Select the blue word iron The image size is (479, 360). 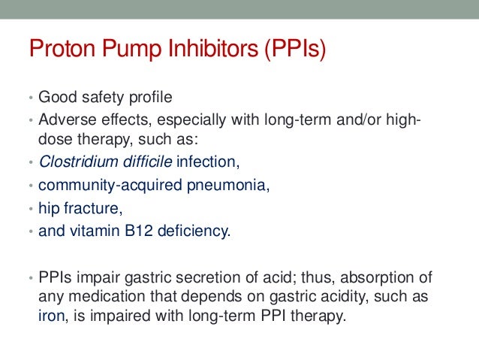50,316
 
